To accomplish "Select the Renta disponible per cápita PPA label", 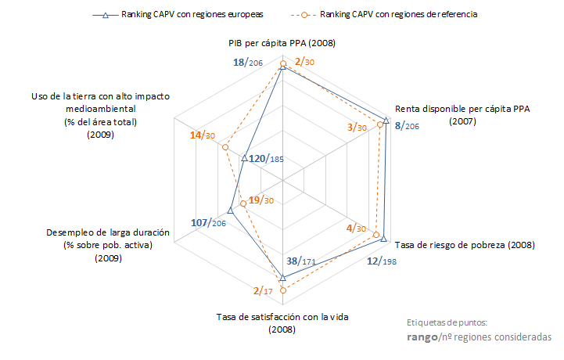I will [x=462, y=115].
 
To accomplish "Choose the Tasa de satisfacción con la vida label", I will [x=281, y=322].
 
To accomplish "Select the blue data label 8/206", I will [x=408, y=125].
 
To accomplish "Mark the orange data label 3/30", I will [x=357, y=127].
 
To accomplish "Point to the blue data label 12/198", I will [x=383, y=261].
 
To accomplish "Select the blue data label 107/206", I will [x=208, y=223].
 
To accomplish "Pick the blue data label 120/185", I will [x=267, y=159].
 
